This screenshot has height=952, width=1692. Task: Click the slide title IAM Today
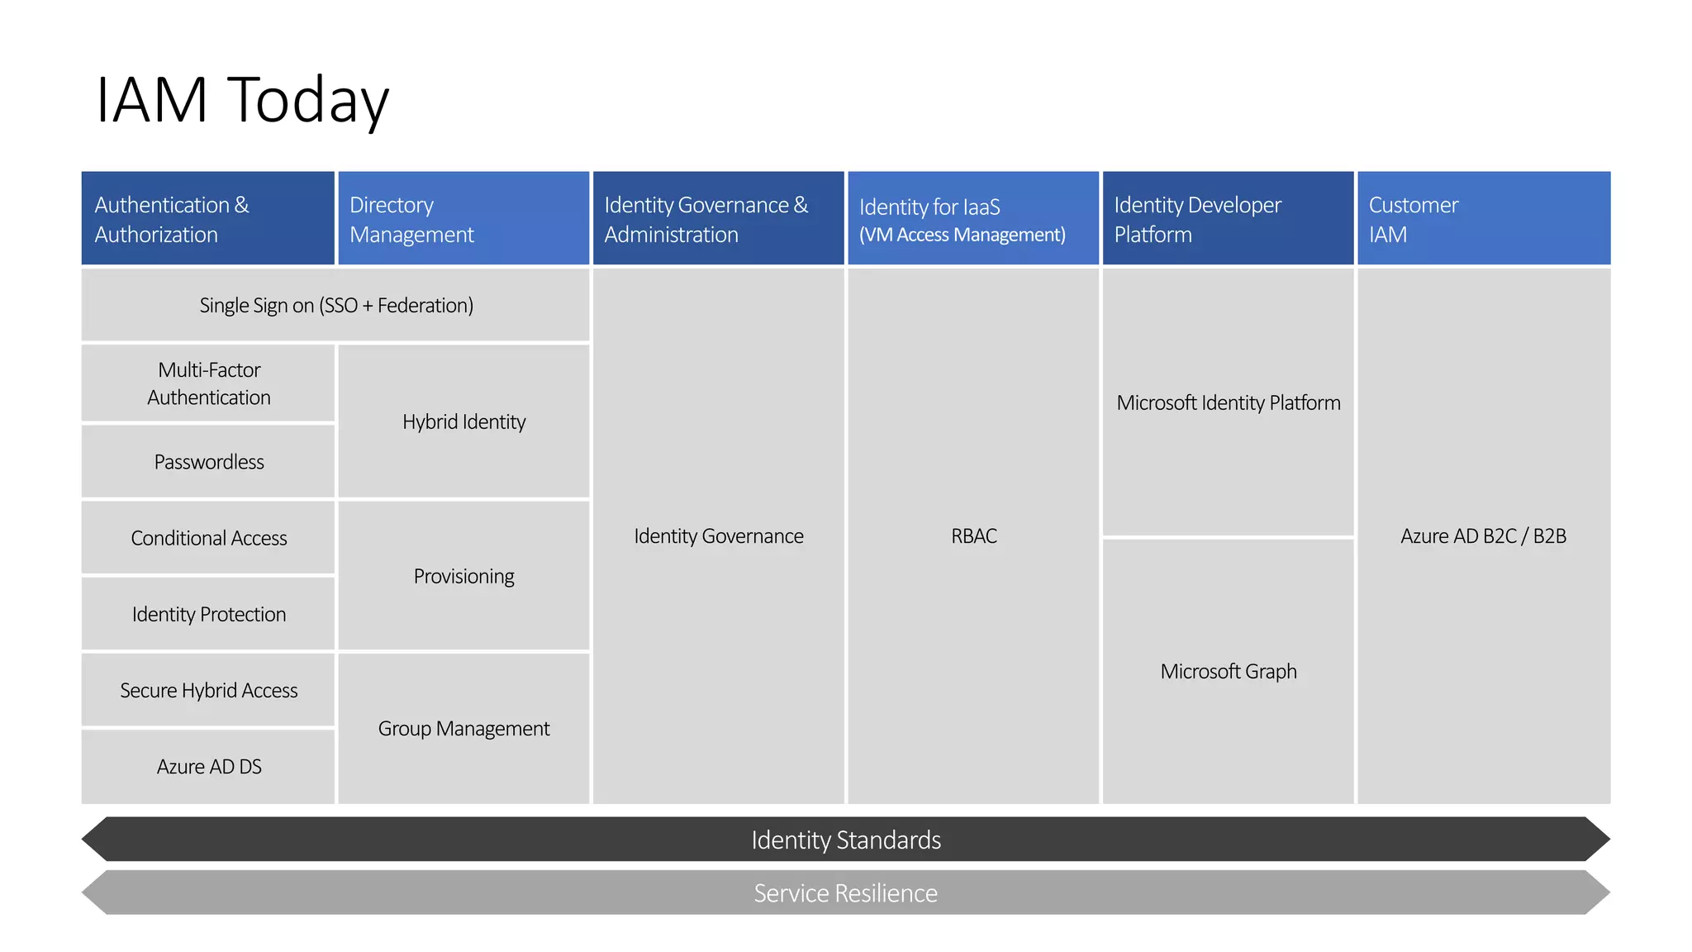click(242, 100)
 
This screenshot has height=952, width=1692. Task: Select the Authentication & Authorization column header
click(207, 219)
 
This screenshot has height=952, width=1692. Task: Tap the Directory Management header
click(463, 219)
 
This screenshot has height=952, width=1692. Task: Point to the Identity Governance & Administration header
click(718, 219)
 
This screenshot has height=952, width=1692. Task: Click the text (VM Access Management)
click(962, 236)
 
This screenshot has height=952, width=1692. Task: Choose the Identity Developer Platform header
click(1228, 219)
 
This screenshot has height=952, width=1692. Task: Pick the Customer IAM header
click(1483, 219)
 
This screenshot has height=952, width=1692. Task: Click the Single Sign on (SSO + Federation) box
click(335, 306)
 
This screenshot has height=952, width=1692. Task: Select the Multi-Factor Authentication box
click(208, 383)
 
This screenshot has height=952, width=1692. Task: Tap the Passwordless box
click(208, 462)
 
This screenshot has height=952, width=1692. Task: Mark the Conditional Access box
click(208, 538)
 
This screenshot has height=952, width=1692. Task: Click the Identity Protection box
click(208, 614)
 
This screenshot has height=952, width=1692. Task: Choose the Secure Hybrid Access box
click(208, 690)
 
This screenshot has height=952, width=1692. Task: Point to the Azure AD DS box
click(208, 767)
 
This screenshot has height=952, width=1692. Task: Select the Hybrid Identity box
click(463, 421)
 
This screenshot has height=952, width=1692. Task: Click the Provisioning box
click(463, 576)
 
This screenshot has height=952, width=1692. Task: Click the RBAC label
click(973, 536)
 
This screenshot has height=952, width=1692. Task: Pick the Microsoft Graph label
click(1228, 671)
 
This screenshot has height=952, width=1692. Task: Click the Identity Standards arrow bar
click(845, 840)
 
